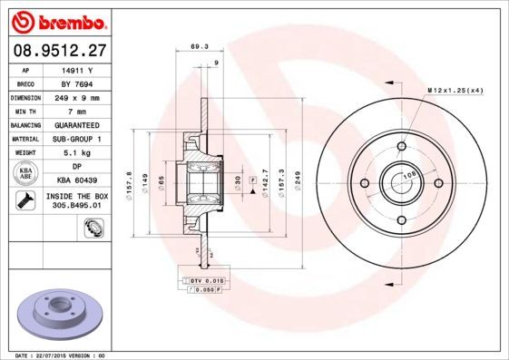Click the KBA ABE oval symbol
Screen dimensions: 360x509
pos(26,174)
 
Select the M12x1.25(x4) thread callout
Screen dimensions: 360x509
pos(454,91)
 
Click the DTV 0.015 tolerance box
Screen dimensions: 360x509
pos(207,282)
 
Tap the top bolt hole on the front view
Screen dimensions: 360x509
pos(400,146)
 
